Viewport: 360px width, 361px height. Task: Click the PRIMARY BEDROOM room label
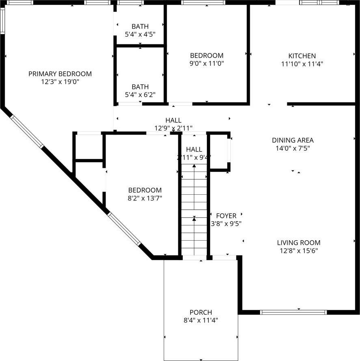(60, 74)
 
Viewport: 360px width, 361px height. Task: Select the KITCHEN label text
(302, 56)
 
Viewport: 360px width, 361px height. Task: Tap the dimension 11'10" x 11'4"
(302, 64)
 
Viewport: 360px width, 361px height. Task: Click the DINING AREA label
(293, 140)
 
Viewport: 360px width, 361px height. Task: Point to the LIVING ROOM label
(299, 243)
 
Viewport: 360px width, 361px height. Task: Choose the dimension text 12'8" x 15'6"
(299, 251)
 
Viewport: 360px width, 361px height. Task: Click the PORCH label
(201, 312)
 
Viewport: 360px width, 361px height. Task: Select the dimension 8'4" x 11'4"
(201, 320)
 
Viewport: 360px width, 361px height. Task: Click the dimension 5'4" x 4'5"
(140, 35)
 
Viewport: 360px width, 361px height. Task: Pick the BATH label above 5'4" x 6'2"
(140, 87)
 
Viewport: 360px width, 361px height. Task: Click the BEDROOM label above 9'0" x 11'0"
(207, 55)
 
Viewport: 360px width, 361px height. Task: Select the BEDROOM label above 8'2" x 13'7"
(145, 190)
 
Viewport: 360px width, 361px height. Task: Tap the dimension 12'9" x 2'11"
(173, 128)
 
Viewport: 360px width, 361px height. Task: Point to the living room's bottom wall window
(293, 312)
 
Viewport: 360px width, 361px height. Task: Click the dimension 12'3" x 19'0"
(60, 82)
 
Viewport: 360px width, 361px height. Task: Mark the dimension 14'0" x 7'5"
(293, 148)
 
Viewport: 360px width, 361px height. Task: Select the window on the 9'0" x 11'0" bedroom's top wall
(203, 2)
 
